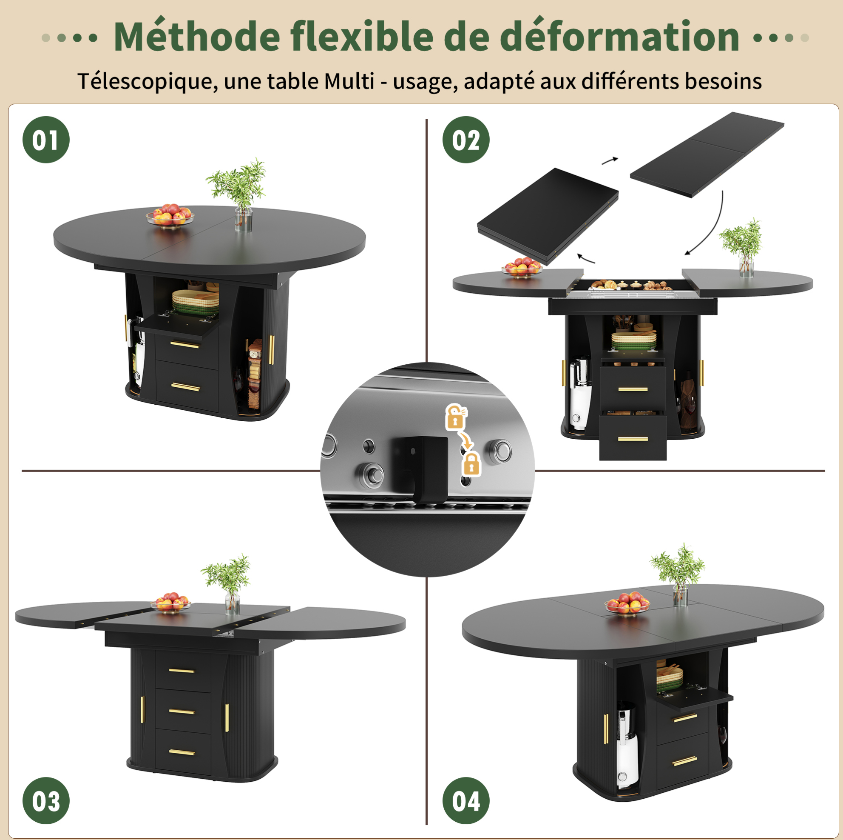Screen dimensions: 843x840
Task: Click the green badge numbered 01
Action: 46,140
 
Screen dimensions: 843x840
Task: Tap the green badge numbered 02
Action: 465,140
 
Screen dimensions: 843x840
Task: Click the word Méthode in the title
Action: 196,36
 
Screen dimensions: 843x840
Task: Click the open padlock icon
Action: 456,416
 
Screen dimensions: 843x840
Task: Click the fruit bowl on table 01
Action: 170,215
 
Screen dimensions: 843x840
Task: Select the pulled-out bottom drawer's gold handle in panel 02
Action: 633,439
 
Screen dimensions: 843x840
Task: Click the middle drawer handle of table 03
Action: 182,711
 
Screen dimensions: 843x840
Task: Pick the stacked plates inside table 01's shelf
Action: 196,301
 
